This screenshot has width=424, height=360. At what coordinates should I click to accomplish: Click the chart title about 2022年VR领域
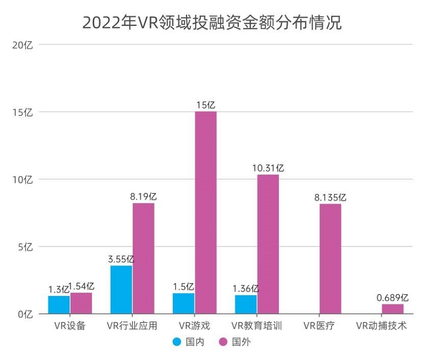[x=212, y=23]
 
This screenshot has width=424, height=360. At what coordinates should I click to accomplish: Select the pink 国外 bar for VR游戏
[x=206, y=212]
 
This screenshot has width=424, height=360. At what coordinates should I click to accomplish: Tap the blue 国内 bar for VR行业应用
[x=121, y=289]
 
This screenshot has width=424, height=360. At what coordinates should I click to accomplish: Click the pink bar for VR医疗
[x=331, y=259]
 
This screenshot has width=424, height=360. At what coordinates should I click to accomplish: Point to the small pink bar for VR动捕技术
[x=393, y=309]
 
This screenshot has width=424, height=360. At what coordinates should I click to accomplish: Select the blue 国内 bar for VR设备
[x=59, y=305]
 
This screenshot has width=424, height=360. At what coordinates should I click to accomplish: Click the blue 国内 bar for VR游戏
[x=183, y=303]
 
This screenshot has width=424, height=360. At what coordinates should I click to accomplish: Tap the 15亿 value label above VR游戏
[x=205, y=105]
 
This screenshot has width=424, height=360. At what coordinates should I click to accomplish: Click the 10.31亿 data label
[x=268, y=168]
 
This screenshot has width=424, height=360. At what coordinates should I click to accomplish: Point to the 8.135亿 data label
[x=330, y=197]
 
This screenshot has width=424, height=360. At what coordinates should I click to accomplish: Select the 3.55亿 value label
[x=121, y=259]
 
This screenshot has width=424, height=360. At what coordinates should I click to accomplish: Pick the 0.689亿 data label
[x=392, y=297]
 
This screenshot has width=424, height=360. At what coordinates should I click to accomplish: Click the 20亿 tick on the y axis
[x=22, y=45]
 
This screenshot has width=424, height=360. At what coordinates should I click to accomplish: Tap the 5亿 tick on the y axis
[x=25, y=247]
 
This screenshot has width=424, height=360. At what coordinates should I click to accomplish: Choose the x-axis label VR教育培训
[x=257, y=325]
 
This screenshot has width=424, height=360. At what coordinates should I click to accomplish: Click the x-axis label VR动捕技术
[x=382, y=325]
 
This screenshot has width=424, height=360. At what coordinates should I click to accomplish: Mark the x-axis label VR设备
[x=70, y=325]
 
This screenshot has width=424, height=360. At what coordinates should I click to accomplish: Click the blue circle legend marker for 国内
[x=178, y=342]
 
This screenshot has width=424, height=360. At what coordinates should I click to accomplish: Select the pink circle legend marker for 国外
[x=224, y=342]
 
